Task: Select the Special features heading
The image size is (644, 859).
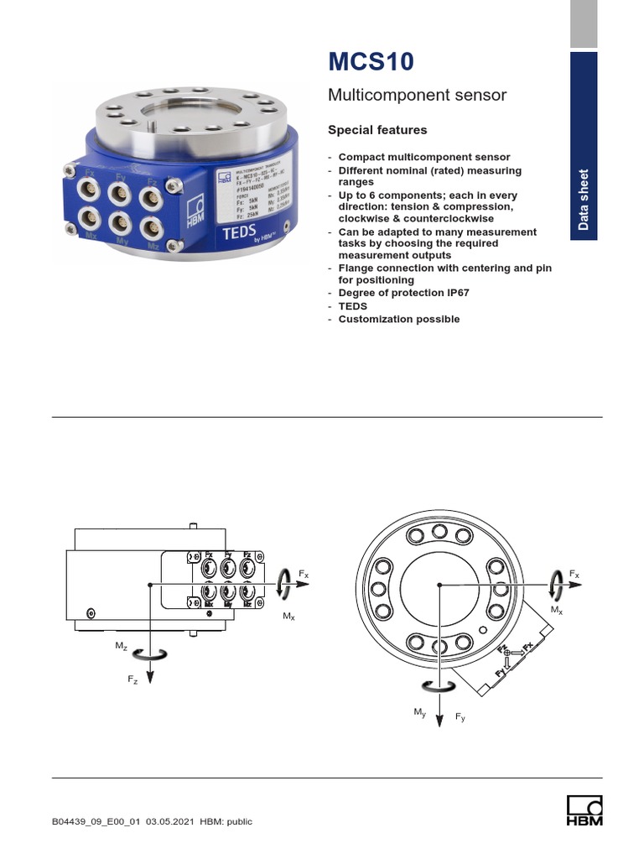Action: point(377,130)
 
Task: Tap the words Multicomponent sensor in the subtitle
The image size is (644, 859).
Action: point(417,96)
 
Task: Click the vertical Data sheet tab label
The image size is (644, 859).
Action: point(584,200)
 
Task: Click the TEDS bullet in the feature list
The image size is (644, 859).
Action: point(353,306)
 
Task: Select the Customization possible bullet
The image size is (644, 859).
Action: point(398,320)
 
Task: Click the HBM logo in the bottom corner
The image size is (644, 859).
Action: point(584,812)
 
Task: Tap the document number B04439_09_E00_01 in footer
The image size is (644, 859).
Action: point(97,821)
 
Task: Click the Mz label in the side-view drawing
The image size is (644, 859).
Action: point(122,648)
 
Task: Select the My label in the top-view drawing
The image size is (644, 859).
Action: point(420,712)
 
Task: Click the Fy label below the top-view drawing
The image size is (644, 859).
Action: point(460,717)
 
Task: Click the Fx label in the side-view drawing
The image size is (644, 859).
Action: point(304,575)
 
